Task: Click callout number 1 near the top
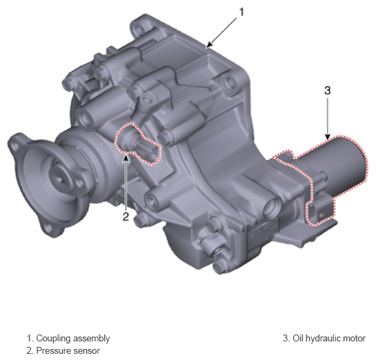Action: point(241,12)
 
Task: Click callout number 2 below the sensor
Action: point(126,217)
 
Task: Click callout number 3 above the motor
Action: point(327,90)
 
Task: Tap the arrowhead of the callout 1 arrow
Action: point(208,45)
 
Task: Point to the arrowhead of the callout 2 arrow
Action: point(126,159)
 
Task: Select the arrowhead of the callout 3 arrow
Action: point(328,137)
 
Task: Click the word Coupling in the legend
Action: point(53,338)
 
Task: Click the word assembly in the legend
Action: point(91,339)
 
